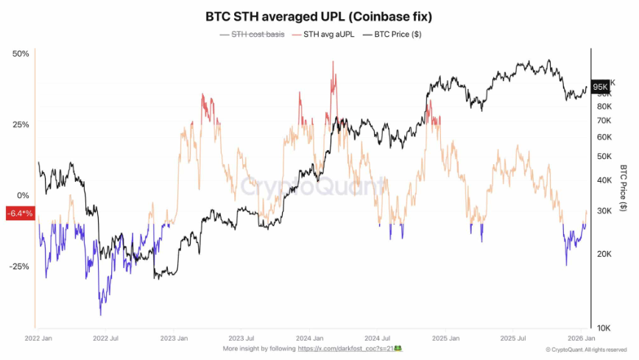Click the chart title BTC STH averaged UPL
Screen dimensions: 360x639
(319, 15)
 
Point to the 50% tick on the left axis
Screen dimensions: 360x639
(20, 54)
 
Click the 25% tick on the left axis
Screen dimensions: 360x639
(20, 124)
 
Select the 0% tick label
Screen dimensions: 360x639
(23, 195)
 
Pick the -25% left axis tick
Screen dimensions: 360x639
(18, 267)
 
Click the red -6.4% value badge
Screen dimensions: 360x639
(19, 213)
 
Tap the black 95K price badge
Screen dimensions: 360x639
(601, 86)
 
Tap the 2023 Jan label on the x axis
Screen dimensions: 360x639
(174, 338)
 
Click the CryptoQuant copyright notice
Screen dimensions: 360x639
(587, 349)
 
